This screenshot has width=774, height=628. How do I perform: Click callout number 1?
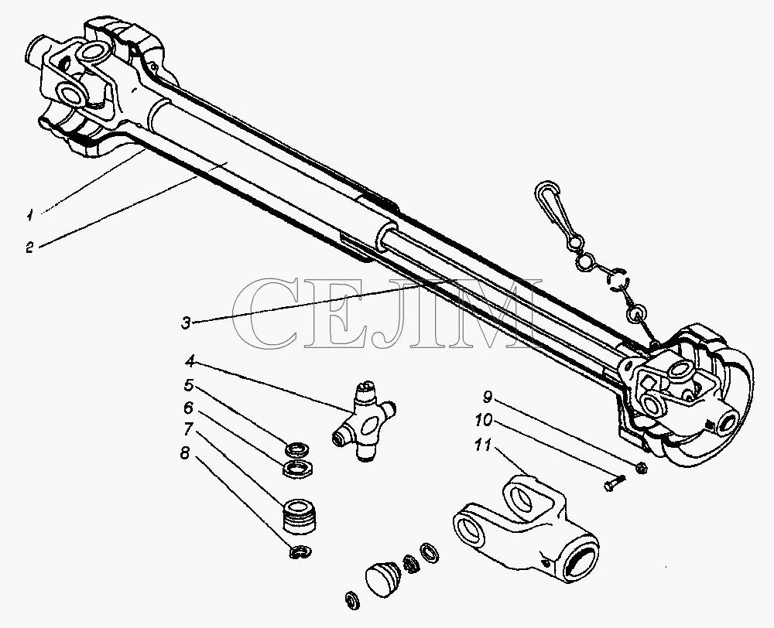[x=30, y=214]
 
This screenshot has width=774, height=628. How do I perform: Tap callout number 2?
[x=30, y=247]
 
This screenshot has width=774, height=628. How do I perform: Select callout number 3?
[x=186, y=323]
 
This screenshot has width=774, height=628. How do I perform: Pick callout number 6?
[x=188, y=408]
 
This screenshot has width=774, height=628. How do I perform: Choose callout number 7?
[x=188, y=429]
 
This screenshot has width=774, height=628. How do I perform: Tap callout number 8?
[x=185, y=452]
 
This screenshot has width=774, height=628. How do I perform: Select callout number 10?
[x=483, y=420]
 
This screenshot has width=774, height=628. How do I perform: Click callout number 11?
[x=482, y=445]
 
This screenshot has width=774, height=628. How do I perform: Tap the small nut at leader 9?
[x=641, y=466]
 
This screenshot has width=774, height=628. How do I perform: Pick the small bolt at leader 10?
[x=615, y=483]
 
